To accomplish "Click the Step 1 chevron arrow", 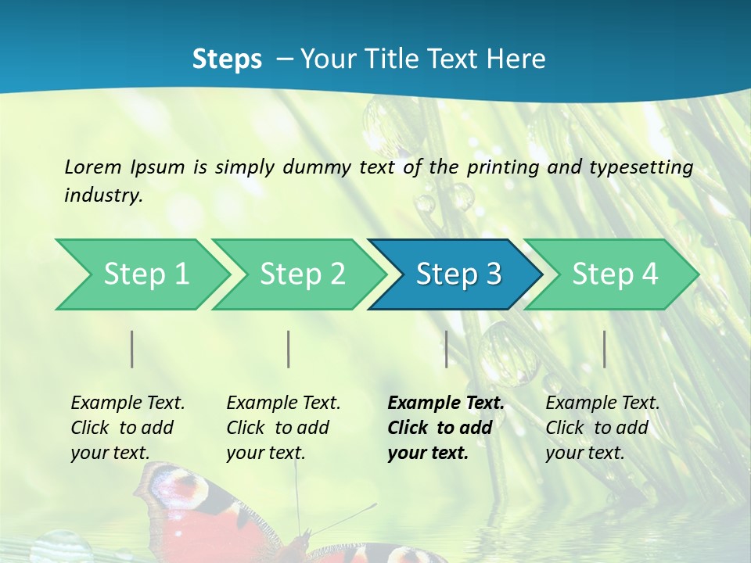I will coord(146,274).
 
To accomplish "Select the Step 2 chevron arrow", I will coord(302,274).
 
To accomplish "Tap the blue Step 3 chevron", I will coord(458,274).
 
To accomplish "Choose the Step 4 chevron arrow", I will coord(615,274).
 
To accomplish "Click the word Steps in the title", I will coord(227,59).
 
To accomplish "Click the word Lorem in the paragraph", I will coord(93,167).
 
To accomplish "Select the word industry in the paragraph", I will coord(103,195).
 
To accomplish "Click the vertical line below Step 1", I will coord(132,349).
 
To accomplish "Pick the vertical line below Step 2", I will coord(289,349).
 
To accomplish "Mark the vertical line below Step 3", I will coord(446,349).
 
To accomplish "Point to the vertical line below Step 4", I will coord(605,349).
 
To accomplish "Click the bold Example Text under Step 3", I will coord(446,403).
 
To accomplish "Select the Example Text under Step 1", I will coord(128,403).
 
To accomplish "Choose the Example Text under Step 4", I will coord(602,403).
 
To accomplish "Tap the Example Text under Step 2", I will coord(283,403).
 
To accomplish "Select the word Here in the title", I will coord(516,59).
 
